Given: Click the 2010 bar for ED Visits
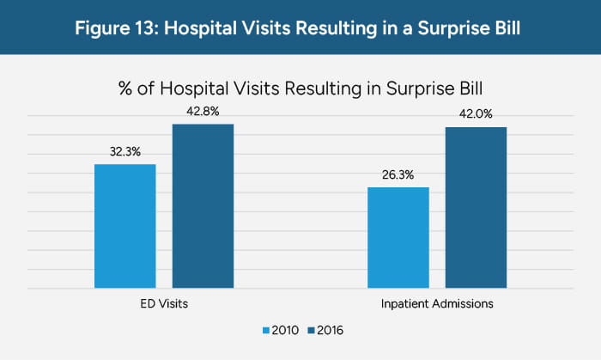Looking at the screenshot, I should pyautogui.click(x=124, y=226).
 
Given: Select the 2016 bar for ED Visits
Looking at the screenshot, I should pyautogui.click(x=203, y=206).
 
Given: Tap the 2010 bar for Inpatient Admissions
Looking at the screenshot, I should pyautogui.click(x=398, y=237).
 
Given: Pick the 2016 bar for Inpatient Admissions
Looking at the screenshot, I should pyautogui.click(x=476, y=207).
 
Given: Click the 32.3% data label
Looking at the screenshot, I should pyautogui.click(x=125, y=151).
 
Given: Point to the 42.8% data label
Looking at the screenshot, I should pyautogui.click(x=203, y=111).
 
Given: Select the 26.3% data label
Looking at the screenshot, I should pyautogui.click(x=398, y=174).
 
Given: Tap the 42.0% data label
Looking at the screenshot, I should pyautogui.click(x=476, y=113).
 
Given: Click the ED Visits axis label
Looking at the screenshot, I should pyautogui.click(x=164, y=304).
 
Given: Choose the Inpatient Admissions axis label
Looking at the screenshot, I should pyautogui.click(x=437, y=304).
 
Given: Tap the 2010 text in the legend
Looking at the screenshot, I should pyautogui.click(x=286, y=330).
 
